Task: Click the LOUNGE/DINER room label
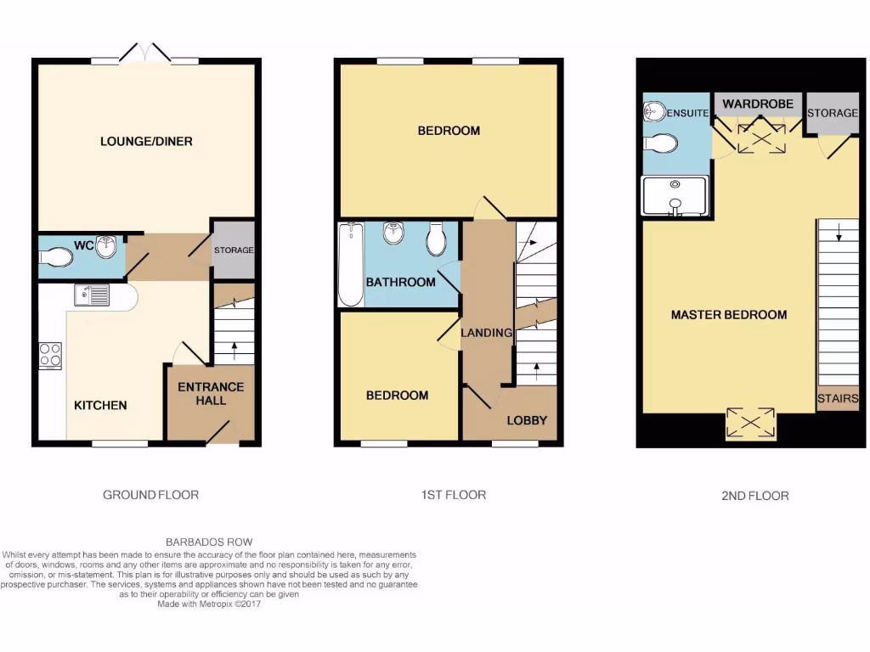click(146, 141)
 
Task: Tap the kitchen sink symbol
click(92, 295)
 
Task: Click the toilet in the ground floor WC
click(58, 256)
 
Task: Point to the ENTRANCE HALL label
click(211, 393)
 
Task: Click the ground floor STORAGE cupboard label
click(233, 250)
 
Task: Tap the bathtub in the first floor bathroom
click(351, 264)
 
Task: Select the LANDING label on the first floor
click(487, 333)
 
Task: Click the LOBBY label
click(527, 420)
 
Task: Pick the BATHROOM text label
click(400, 282)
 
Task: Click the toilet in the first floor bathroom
click(437, 239)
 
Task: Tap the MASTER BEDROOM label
click(729, 315)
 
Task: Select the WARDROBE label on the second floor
click(758, 104)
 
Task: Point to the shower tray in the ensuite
click(675, 196)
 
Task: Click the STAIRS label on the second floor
click(837, 399)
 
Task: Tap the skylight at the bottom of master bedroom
click(752, 423)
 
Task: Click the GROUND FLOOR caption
click(150, 494)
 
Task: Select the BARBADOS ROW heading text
click(208, 542)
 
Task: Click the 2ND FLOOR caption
click(754, 496)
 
